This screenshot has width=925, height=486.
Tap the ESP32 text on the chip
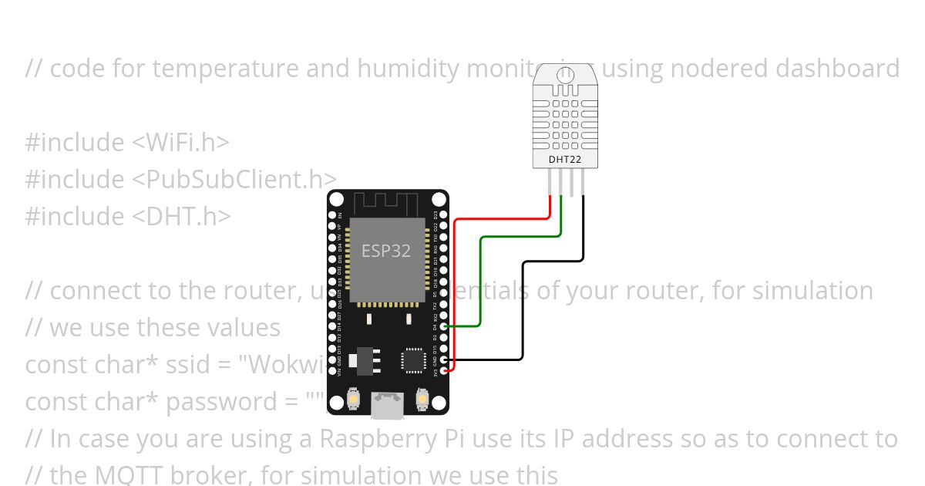click(386, 251)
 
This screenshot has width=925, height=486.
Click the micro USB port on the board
click(388, 405)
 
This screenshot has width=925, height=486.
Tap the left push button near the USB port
click(353, 399)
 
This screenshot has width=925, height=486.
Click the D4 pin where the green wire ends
click(443, 326)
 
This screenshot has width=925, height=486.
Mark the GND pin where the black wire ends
click(443, 359)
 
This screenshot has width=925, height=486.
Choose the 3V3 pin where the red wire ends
click(443, 370)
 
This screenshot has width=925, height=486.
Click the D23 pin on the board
click(443, 214)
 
